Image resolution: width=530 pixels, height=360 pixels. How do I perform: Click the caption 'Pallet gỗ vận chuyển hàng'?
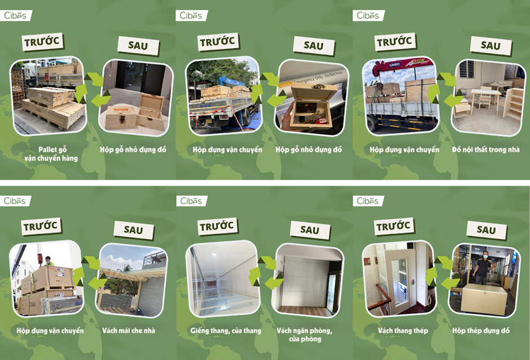pyautogui.click(x=51, y=154)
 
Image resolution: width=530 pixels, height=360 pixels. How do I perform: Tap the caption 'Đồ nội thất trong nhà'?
pyautogui.click(x=485, y=150)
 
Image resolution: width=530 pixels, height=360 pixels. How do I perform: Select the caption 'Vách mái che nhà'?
pyautogui.click(x=129, y=331)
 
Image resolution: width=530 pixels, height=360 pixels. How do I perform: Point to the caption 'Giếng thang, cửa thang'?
pyautogui.click(x=226, y=331)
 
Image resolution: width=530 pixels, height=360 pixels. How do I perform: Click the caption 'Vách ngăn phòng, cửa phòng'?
pyautogui.click(x=304, y=335)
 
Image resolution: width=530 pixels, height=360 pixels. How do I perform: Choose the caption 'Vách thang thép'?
pyautogui.click(x=403, y=331)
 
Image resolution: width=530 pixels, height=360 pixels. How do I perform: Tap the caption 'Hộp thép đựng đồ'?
pyautogui.click(x=481, y=331)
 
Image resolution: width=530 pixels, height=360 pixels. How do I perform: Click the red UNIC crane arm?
pyautogui.click(x=402, y=65)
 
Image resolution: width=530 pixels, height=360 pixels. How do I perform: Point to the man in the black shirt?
pyautogui.click(x=483, y=268)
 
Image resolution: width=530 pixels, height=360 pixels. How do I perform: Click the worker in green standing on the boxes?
pyautogui.click(x=49, y=261)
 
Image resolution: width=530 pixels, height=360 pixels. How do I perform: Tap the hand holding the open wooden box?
pyautogui.click(x=288, y=116)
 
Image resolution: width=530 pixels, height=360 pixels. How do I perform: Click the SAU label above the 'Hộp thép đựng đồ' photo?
pyautogui.click(x=487, y=230)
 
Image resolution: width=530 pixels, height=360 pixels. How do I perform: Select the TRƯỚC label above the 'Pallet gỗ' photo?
pyautogui.click(x=43, y=42)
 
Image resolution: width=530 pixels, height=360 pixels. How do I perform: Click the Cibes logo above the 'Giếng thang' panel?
pyautogui.click(x=191, y=201)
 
